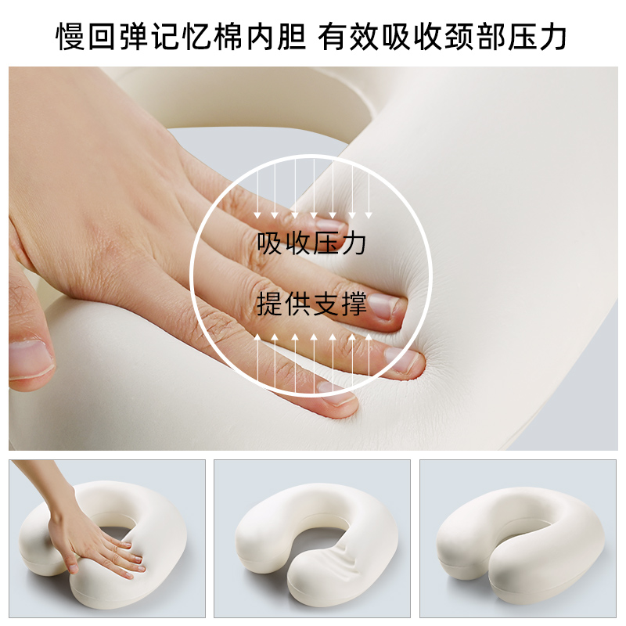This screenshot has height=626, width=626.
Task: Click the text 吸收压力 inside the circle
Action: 312,243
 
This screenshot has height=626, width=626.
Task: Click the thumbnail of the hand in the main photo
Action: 31,357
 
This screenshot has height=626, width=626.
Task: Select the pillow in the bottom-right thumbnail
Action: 516,540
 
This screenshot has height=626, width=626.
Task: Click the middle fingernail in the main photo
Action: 404,359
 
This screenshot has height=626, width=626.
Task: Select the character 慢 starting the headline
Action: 70,35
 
